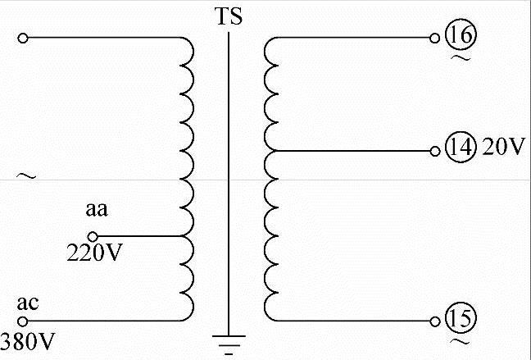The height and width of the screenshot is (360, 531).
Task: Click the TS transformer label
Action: click(229, 16)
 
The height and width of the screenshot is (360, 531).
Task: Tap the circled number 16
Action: click(460, 36)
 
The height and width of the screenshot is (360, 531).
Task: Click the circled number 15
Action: click(460, 318)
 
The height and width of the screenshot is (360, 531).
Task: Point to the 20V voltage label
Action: click(502, 148)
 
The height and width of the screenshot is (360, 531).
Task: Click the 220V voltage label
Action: click(94, 253)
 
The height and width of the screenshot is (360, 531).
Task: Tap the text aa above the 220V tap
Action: click(97, 211)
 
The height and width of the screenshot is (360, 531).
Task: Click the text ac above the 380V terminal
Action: click(28, 303)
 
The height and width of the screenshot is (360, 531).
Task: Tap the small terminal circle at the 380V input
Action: click(22, 321)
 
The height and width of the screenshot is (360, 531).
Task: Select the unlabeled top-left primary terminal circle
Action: click(22, 38)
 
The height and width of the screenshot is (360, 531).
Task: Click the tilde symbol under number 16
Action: click(459, 59)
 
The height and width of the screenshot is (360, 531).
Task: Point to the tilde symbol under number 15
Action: click(459, 339)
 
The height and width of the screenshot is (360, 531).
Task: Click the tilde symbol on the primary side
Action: click(25, 175)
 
